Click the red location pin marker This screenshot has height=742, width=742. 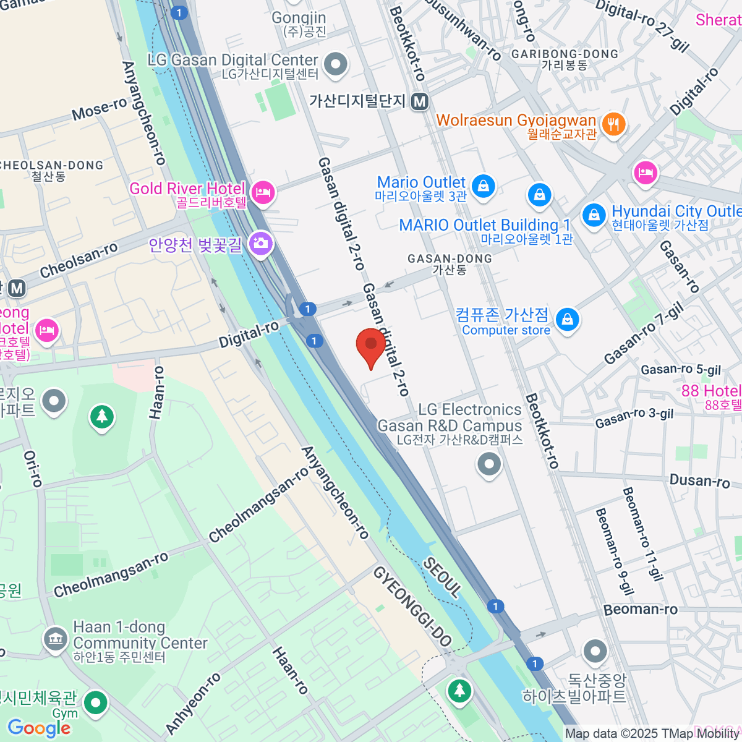pyautogui.click(x=371, y=345)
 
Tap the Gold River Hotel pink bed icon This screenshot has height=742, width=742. pyautogui.click(x=263, y=192)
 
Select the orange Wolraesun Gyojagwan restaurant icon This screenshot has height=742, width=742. pyautogui.click(x=613, y=125)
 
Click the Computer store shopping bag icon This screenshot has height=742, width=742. pyautogui.click(x=566, y=320)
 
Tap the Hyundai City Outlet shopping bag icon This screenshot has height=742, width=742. pyautogui.click(x=594, y=216)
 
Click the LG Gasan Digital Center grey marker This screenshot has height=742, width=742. pyautogui.click(x=336, y=64)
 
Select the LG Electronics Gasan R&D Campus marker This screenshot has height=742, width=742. pyautogui.click(x=489, y=464)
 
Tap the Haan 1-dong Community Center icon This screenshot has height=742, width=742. pyautogui.click(x=55, y=639)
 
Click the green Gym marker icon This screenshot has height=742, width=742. pyautogui.click(x=96, y=702)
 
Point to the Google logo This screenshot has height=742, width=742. pyautogui.click(x=39, y=728)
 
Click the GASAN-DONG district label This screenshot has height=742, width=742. pyautogui.click(x=450, y=259)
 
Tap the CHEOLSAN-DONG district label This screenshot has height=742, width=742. pyautogui.click(x=52, y=166)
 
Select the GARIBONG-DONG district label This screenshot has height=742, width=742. pyautogui.click(x=565, y=54)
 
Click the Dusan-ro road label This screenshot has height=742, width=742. pyautogui.click(x=699, y=480)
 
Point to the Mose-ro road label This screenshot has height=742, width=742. pyautogui.click(x=100, y=109)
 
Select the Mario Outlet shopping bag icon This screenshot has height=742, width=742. pyautogui.click(x=483, y=185)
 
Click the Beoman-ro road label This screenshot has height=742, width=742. pyautogui.click(x=640, y=610)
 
